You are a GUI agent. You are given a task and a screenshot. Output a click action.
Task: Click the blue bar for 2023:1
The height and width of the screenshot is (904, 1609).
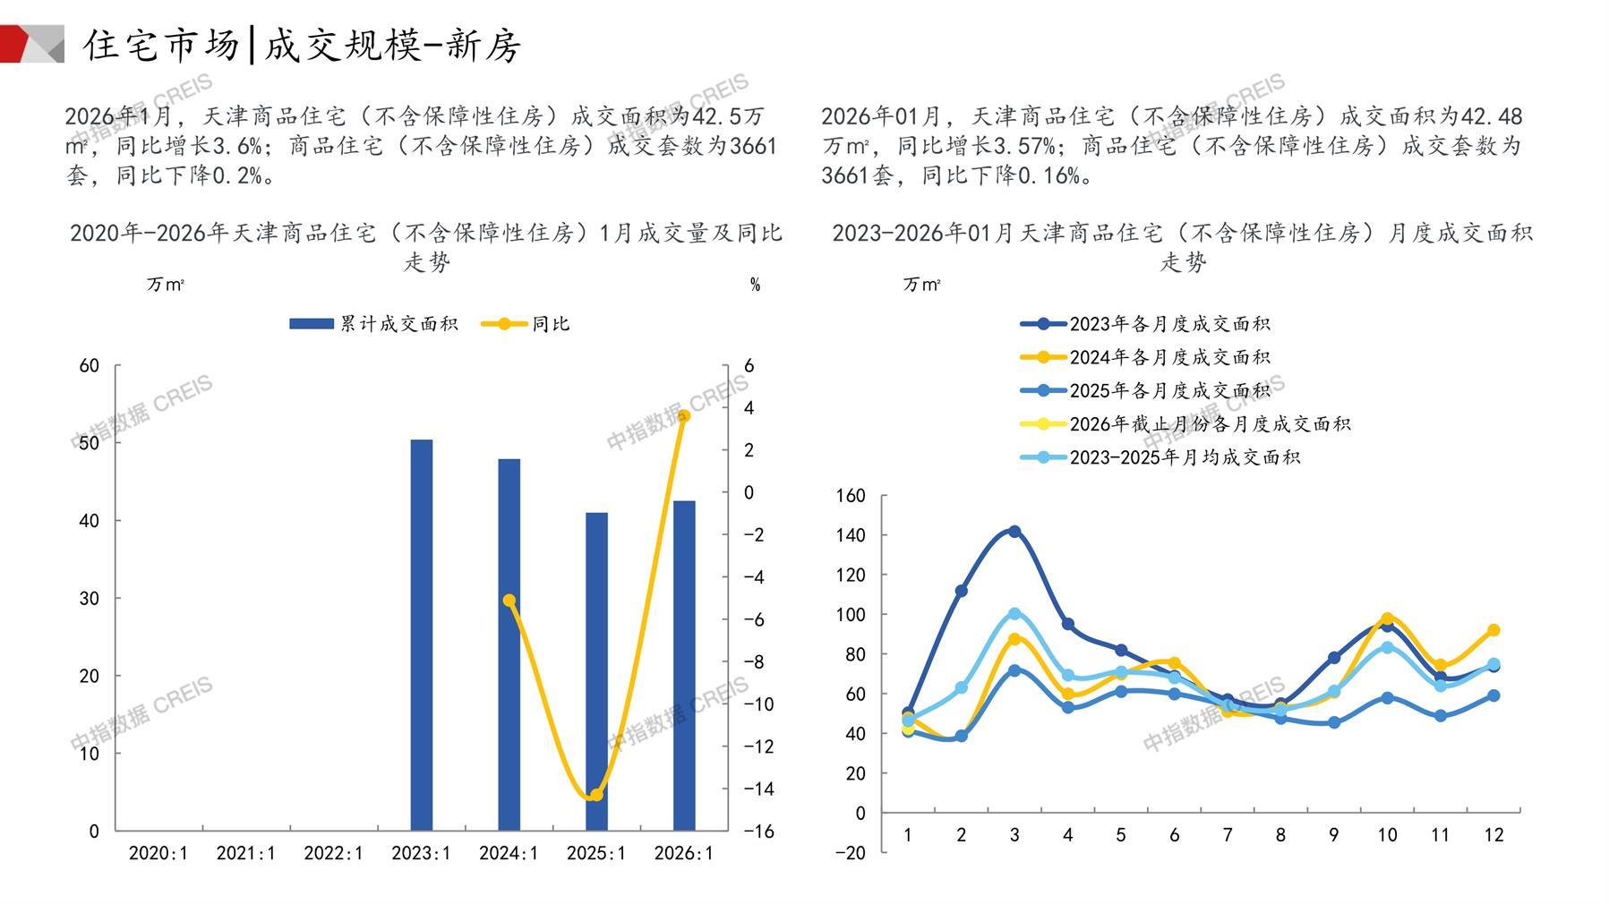pos(421,635)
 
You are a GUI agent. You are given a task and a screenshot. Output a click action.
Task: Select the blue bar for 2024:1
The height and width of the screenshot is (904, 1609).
pos(509,644)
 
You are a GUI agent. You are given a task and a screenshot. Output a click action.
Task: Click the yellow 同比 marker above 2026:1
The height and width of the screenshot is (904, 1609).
pos(684,416)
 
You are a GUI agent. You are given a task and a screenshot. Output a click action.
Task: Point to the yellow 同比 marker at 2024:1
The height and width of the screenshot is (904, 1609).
pos(509,601)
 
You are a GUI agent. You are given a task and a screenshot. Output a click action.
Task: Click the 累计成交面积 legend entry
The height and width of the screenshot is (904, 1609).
pos(373,324)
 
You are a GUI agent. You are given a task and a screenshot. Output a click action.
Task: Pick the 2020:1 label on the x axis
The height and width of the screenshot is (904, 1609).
pos(158,853)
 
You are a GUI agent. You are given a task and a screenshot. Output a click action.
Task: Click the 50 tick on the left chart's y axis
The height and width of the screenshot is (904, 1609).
pos(90,443)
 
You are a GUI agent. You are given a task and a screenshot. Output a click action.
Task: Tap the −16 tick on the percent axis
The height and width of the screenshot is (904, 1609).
pos(758,832)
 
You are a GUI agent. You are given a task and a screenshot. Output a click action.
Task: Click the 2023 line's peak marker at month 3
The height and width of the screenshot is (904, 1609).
pos(1014,532)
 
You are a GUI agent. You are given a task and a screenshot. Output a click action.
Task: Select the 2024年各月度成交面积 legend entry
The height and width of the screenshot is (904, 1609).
pos(1146,357)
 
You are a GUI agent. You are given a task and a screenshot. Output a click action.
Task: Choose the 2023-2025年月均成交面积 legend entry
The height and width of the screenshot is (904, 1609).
pos(1160,457)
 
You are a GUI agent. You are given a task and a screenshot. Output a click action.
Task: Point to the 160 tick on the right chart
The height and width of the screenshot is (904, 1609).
pos(850,496)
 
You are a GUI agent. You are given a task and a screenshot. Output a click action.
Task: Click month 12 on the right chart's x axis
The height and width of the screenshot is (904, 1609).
pos(1493,835)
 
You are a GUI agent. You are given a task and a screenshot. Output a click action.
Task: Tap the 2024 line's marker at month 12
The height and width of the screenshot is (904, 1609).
pos(1493,630)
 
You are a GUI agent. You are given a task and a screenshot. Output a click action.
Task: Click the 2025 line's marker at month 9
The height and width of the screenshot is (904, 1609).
pos(1334,722)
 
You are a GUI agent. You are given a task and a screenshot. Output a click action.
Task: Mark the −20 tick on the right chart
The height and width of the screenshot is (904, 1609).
pos(850,853)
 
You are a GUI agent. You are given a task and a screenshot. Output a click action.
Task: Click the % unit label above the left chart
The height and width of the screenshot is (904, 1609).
pos(755,285)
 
